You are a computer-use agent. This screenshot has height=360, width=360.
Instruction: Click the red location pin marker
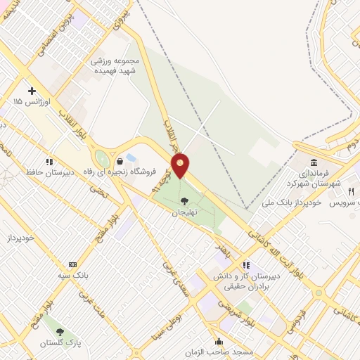(181, 166)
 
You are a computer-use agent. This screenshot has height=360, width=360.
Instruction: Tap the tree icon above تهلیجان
(184, 201)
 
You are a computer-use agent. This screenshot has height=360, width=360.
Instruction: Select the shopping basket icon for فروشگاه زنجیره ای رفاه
(120, 161)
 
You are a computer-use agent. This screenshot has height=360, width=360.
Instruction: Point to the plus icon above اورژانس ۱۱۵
(32, 91)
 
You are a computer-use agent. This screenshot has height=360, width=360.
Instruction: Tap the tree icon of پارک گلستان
(60, 331)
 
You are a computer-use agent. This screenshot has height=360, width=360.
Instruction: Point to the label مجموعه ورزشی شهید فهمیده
(116, 65)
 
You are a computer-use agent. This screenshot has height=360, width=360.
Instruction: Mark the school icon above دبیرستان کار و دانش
(246, 265)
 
